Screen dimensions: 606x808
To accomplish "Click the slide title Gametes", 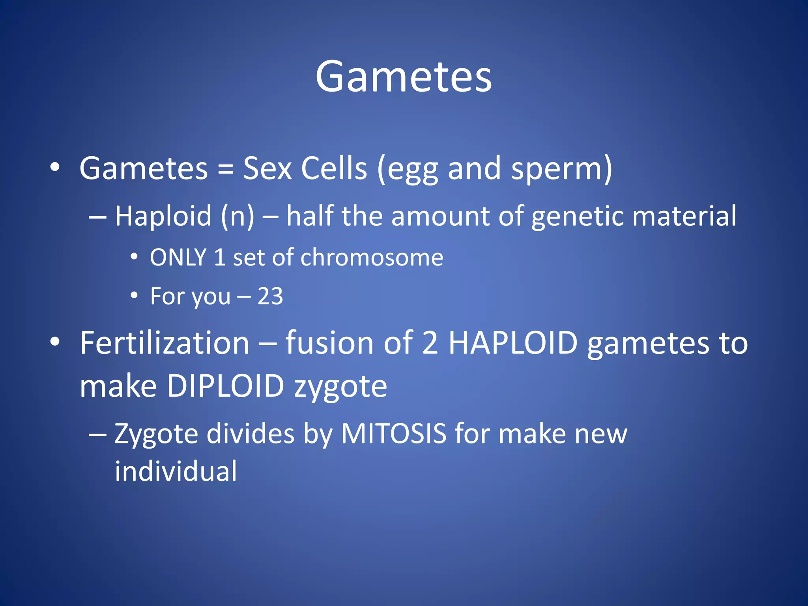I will click(x=403, y=77).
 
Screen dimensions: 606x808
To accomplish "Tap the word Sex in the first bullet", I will click(x=267, y=169).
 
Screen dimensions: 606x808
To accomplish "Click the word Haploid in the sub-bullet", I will click(x=163, y=216).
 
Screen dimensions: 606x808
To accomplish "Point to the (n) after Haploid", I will click(x=238, y=216).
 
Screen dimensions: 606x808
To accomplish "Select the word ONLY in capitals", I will click(x=178, y=258).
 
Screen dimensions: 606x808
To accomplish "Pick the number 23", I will click(x=270, y=296).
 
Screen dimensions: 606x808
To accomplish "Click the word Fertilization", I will click(x=165, y=343).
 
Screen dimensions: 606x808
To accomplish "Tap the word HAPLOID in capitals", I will click(x=513, y=343).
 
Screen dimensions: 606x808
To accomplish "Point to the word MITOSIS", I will click(x=393, y=434).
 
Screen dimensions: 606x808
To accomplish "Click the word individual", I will click(x=176, y=471).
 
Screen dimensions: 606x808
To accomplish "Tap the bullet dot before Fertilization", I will click(x=55, y=342).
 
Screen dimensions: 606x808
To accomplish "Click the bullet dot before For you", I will click(x=135, y=296).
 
